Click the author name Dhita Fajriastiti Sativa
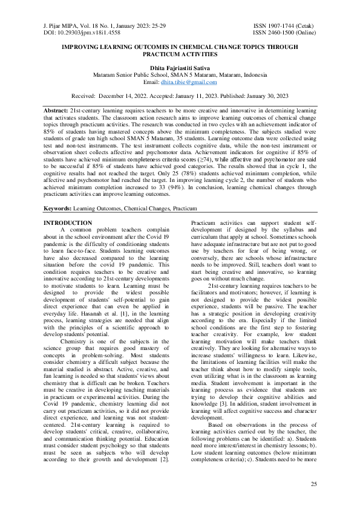[180, 67]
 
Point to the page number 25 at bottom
[313, 484]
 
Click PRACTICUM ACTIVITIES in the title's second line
[180, 54]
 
